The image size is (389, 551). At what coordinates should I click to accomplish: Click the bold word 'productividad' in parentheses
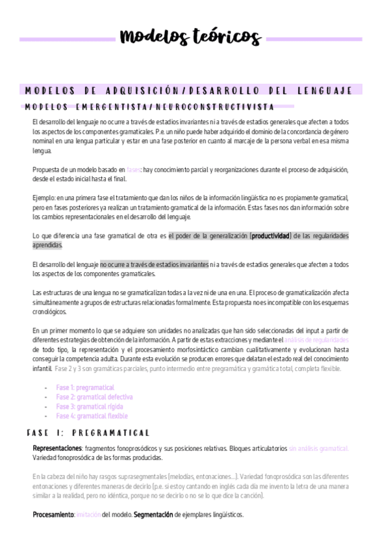(271, 235)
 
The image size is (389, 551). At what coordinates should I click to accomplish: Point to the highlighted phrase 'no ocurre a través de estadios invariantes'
(154, 264)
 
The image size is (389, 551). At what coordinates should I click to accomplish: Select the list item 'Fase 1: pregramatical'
(84, 388)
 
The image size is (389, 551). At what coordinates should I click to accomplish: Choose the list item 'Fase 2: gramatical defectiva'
(94, 397)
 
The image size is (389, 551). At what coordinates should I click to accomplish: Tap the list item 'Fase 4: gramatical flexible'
(92, 416)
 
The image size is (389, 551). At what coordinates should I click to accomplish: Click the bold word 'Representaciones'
(57, 448)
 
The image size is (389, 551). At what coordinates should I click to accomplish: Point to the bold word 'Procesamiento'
(53, 514)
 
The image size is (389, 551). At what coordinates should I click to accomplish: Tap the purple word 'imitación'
(88, 514)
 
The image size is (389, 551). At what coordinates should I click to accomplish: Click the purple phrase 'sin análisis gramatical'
(318, 448)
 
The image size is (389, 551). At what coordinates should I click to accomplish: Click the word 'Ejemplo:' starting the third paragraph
(44, 198)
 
